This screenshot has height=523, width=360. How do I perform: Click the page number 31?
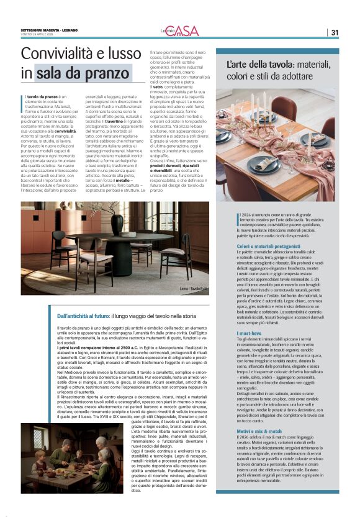click(x=335, y=32)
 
